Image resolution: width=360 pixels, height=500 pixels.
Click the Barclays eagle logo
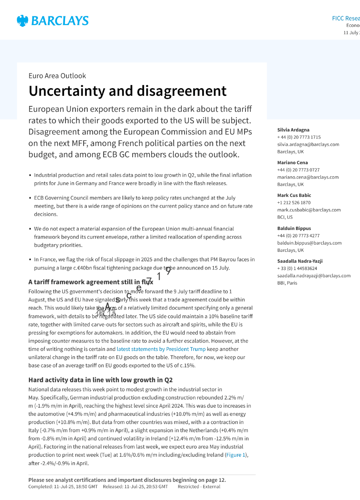pos(22,21)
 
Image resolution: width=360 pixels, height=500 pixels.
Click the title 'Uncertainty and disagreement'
pos(127,91)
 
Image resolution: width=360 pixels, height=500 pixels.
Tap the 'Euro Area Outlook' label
pos(57,76)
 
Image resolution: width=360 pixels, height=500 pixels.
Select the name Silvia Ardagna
pos(293,130)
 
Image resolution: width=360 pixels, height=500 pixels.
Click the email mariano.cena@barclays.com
pos(308,177)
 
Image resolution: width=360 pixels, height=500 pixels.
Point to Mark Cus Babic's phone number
pos(294,203)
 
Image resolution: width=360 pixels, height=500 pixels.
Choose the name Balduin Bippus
pos(294,228)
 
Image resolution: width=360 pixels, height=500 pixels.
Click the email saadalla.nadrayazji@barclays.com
pos(314,276)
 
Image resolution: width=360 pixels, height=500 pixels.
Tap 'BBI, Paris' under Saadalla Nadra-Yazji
pos(287,283)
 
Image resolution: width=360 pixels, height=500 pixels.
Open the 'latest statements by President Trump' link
pos(161,349)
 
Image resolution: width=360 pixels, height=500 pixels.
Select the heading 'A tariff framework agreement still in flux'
pos(91,282)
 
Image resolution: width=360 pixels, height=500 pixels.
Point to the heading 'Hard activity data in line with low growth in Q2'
pos(100,380)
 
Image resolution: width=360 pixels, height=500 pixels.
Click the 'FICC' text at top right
pos(338,18)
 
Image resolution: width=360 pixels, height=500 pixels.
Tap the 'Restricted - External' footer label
pos(199,487)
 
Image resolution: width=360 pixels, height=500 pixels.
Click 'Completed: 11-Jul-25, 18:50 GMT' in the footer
pos(63,487)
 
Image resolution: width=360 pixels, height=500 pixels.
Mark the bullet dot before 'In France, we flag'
pos(30,260)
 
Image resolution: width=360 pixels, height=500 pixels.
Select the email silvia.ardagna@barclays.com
pos(308,145)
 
